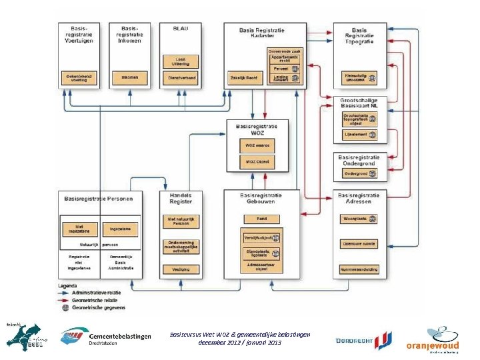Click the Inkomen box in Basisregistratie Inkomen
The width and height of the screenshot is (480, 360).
coord(130,77)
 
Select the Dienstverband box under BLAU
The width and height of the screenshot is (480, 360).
coord(179,77)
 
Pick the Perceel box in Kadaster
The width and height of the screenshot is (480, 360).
coord(285,69)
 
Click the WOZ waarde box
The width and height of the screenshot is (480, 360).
coord(257,146)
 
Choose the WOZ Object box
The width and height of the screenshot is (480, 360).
coord(257,162)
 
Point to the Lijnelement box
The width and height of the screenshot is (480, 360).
coord(359,135)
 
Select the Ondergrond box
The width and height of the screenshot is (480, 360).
coord(359,173)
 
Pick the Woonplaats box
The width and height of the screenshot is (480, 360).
coord(359,218)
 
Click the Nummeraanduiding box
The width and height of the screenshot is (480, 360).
coord(359,269)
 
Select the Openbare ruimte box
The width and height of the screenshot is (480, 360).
coord(359,243)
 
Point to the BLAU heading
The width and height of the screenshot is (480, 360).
coord(180,29)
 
